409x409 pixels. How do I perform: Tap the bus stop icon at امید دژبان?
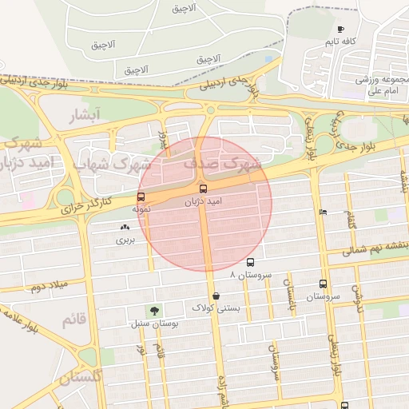point(202,189)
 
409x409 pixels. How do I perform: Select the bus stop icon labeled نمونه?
point(141,197)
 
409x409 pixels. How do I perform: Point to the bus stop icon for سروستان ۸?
point(250,262)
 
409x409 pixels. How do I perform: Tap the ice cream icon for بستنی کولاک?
point(216,296)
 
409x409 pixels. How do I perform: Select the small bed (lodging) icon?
point(322,212)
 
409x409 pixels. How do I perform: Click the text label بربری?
point(125,240)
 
